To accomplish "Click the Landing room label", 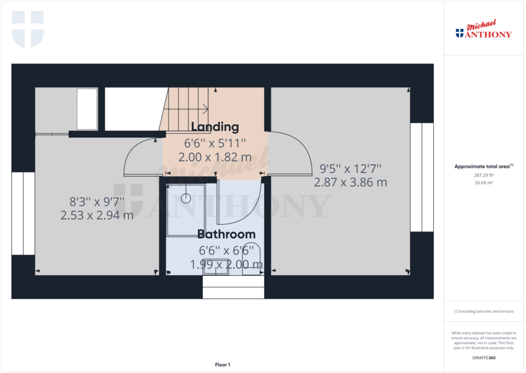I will coord(215,127).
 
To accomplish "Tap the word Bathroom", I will coord(227,234).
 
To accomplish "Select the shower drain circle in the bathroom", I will coord(185,197).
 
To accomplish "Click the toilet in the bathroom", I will coord(252,257).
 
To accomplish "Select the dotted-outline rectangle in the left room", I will coord(87,109).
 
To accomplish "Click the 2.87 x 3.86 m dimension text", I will coord(350,182).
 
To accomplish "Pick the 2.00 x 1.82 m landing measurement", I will coord(215,157).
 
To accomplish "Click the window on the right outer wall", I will coord(421,177).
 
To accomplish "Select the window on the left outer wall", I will coord(23,214).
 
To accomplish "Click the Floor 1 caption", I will coord(222,365).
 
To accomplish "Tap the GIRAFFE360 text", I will coord(483,358).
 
